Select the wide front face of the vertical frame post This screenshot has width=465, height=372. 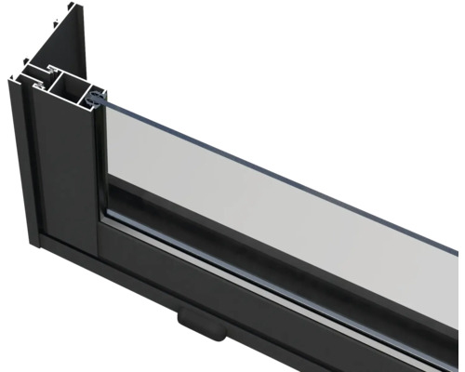coord(70,177)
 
